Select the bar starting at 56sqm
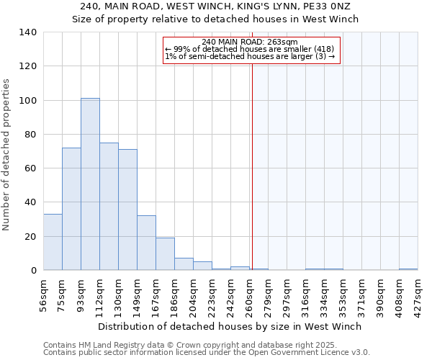pos(53,242)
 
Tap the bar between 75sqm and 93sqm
pos(71,209)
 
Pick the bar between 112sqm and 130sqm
pos(109,207)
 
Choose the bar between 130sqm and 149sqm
pos(127,210)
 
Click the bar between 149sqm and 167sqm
pos(146,243)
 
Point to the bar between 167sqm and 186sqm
pos(165,254)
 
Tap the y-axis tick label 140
pos(27,32)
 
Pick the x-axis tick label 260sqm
pos(250,294)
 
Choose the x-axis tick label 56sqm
pos(44,294)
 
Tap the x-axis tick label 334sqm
pos(325,294)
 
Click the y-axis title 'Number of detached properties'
pos(6,155)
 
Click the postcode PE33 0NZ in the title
pos(325,6)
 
